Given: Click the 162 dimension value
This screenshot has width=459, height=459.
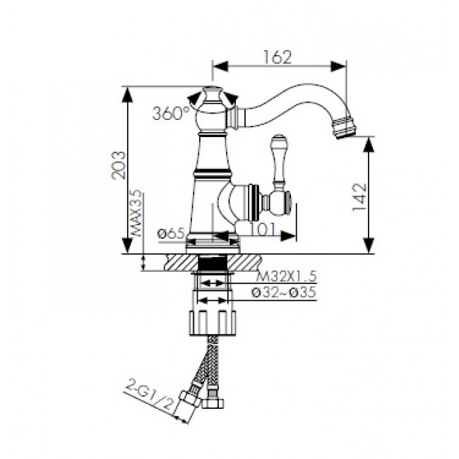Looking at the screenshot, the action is coord(278,57).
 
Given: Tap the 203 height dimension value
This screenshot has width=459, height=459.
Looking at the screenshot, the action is coord(119,165).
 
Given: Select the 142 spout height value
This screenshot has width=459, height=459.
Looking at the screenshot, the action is coord(359,197).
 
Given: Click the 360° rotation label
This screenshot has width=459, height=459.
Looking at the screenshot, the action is coord(171,113).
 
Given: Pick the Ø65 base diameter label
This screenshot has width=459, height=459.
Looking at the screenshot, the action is coord(172,234).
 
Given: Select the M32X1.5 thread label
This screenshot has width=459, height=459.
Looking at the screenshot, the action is coord(286,276).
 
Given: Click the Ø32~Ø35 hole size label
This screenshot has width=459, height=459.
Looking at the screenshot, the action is coord(284,292).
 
